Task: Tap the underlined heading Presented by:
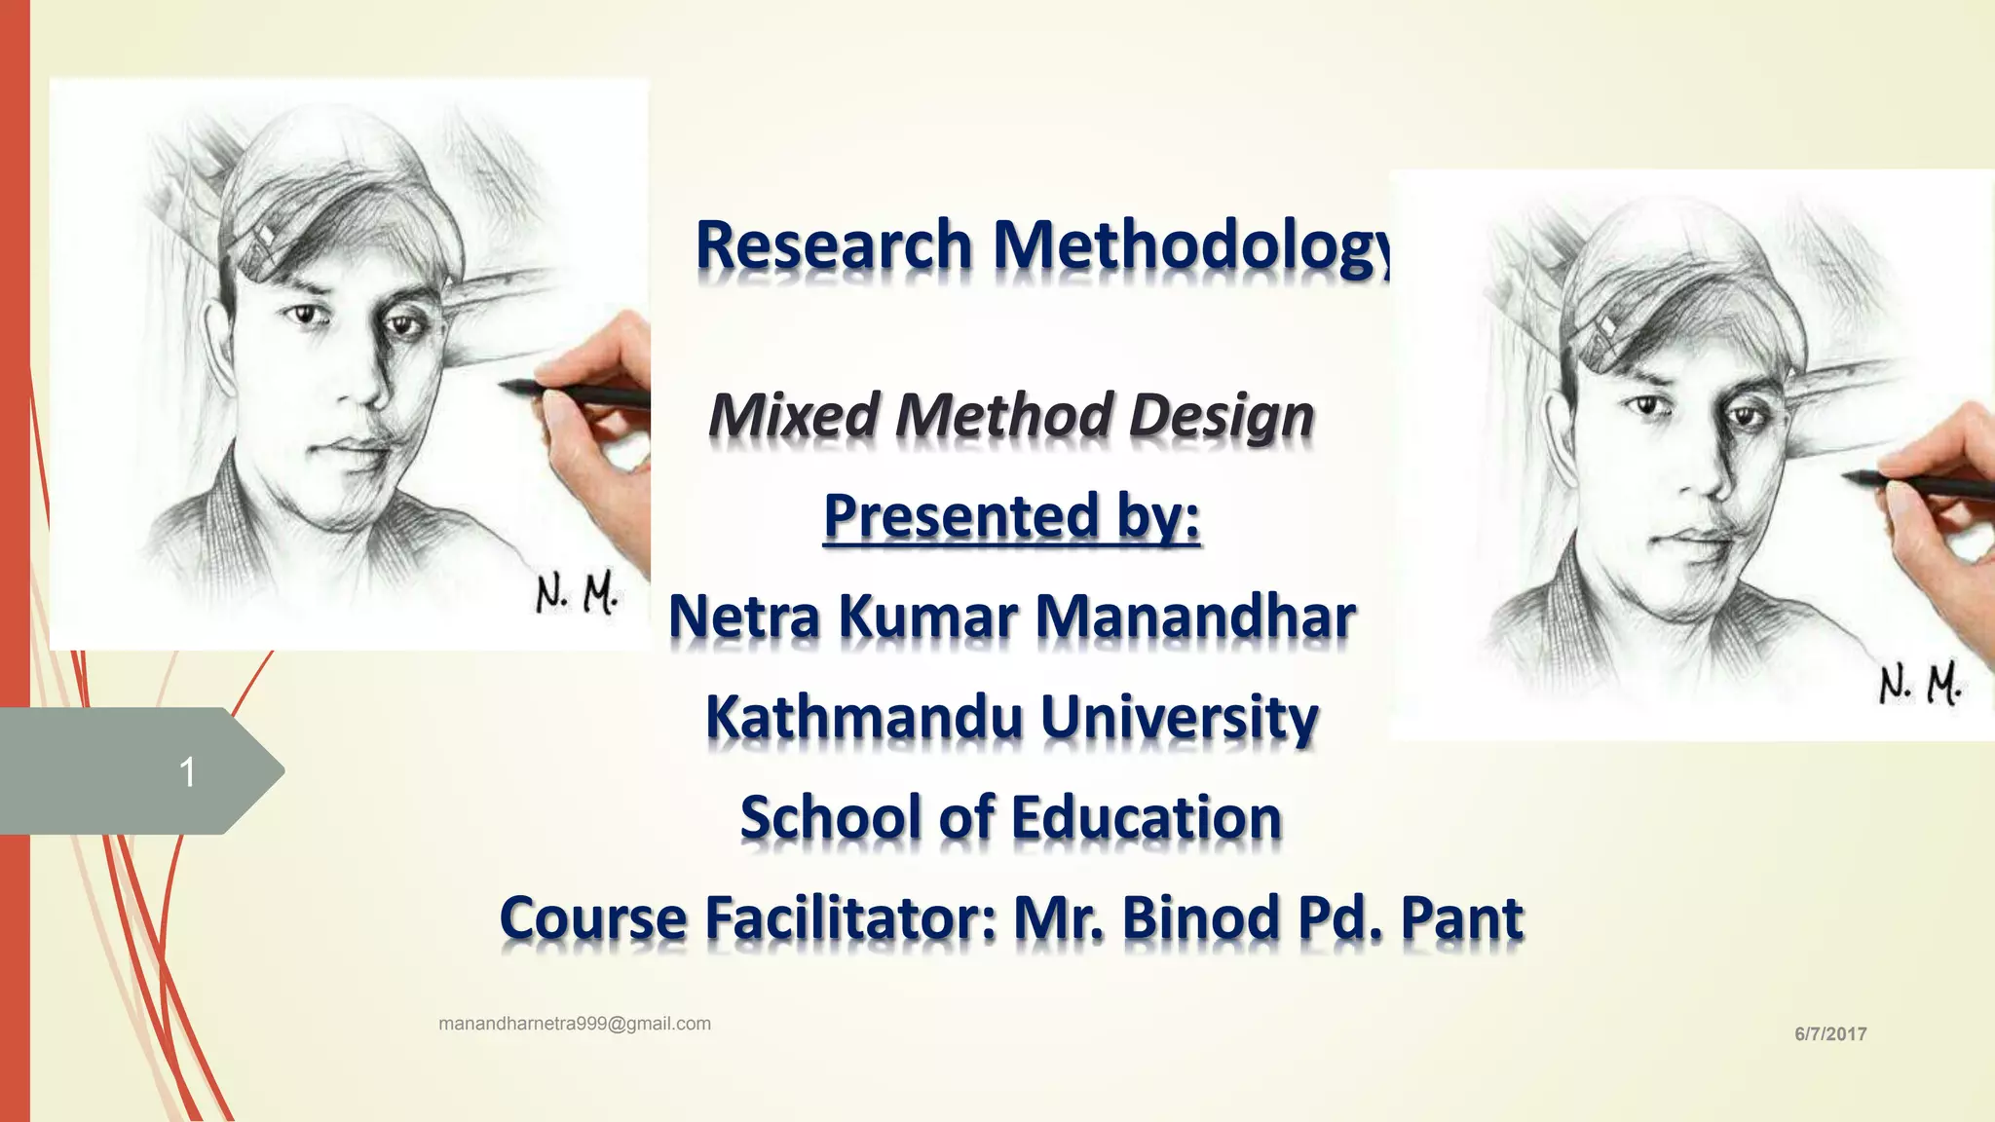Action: (1011, 516)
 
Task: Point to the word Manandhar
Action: (1195, 617)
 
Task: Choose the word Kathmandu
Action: (863, 718)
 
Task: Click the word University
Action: (1180, 718)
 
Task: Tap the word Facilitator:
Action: (851, 918)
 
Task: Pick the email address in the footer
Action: (575, 1024)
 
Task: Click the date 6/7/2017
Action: (1830, 1034)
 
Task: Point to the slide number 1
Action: (187, 772)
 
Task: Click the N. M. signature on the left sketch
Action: (576, 593)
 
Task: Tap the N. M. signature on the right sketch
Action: (1919, 685)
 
